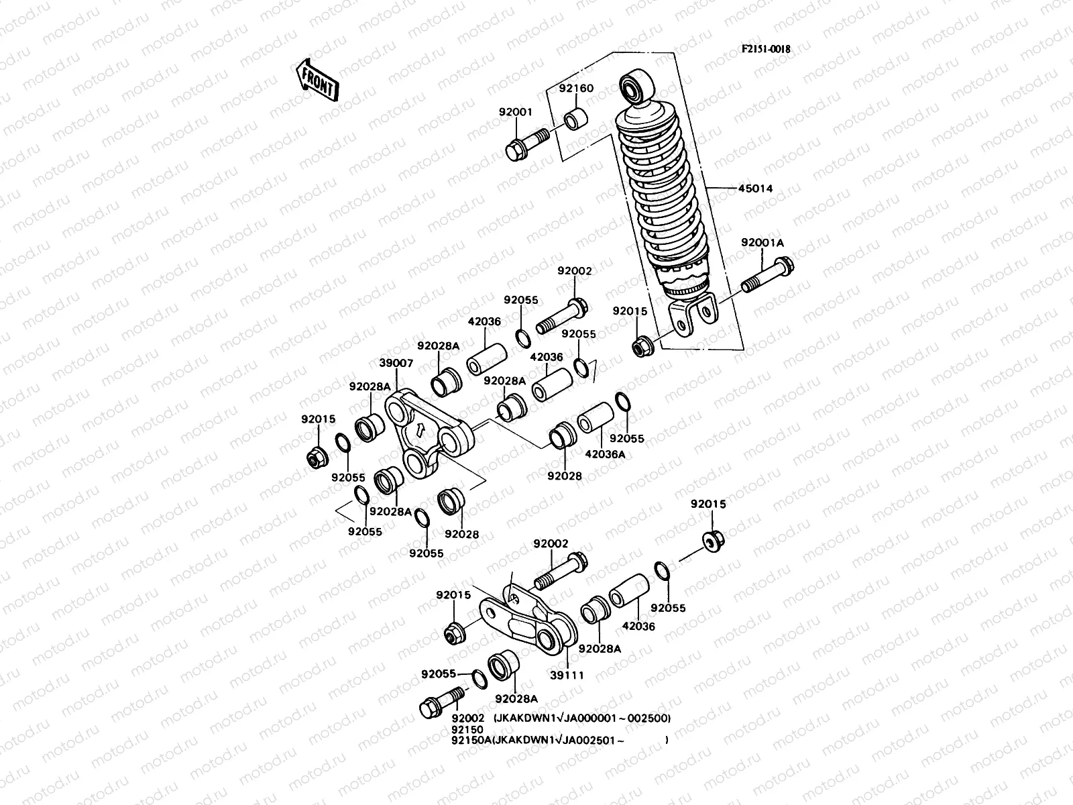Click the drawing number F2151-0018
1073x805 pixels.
pyautogui.click(x=765, y=49)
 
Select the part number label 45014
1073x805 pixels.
pyautogui.click(x=738, y=189)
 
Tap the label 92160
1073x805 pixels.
pyautogui.click(x=577, y=88)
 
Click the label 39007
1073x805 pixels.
pyautogui.click(x=396, y=363)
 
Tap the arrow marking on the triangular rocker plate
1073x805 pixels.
pyautogui.click(x=417, y=431)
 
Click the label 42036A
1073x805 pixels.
pyautogui.click(x=605, y=454)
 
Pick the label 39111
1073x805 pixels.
pyautogui.click(x=567, y=676)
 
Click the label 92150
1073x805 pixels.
pyautogui.click(x=467, y=729)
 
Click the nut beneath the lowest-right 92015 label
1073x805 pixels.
pyautogui.click(x=712, y=541)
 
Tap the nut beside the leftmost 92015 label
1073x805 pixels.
pyautogui.click(x=315, y=459)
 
